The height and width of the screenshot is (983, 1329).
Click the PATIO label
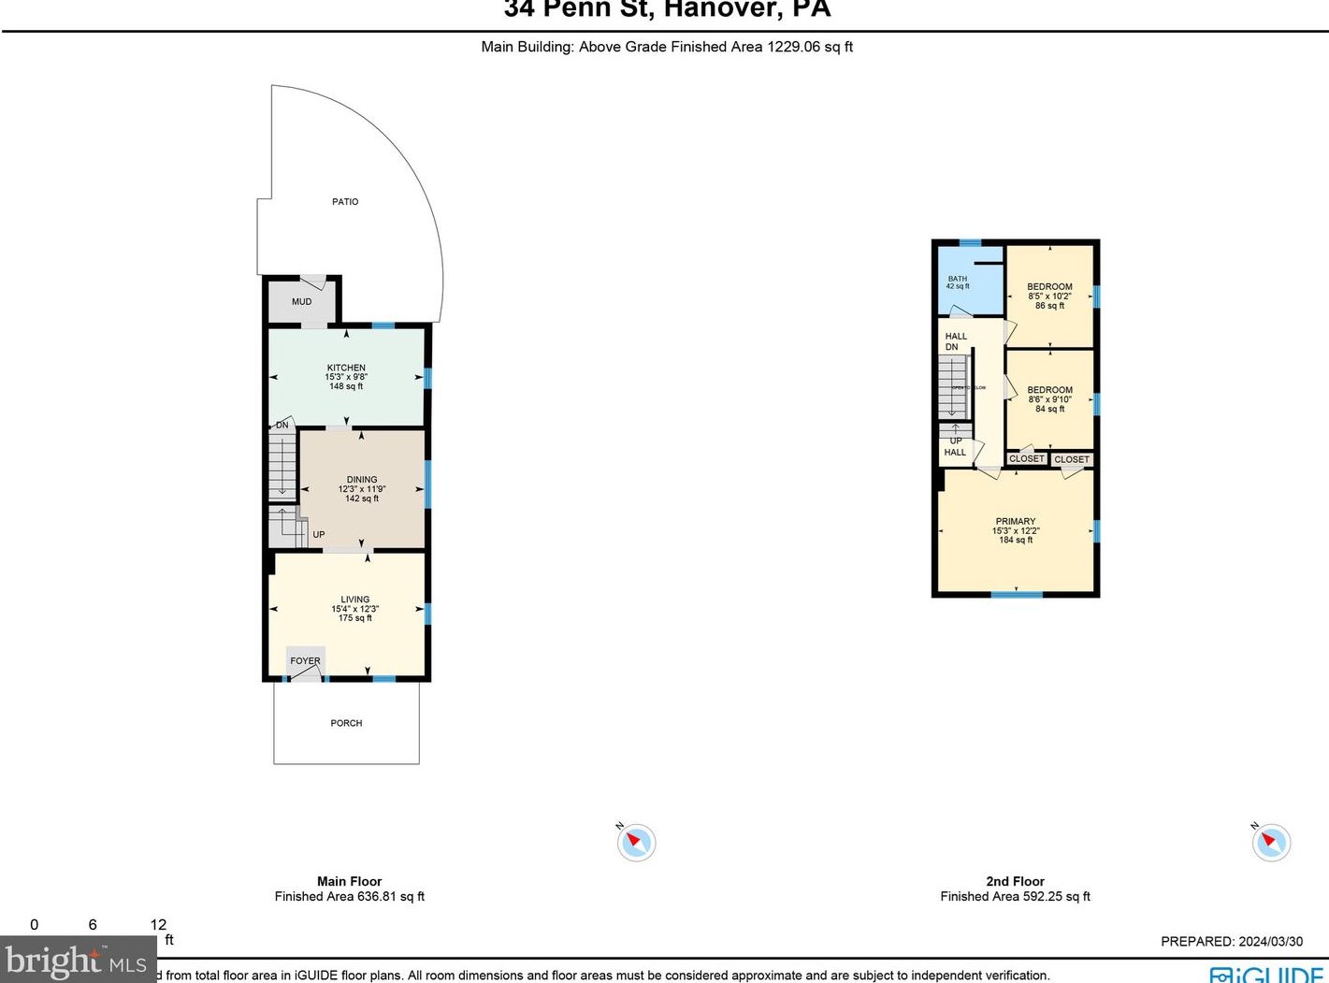tap(345, 202)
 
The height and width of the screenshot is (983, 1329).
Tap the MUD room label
tap(301, 302)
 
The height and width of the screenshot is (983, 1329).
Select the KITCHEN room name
tap(346, 368)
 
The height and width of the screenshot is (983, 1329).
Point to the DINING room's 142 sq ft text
tap(362, 499)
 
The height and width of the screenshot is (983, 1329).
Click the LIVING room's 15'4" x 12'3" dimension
tap(354, 609)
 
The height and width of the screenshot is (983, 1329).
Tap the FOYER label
tap(305, 661)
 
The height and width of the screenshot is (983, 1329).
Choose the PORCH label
tap(346, 723)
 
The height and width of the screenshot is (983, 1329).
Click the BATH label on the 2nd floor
tap(958, 279)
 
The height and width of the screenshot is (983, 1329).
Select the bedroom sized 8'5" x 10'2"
tap(1049, 296)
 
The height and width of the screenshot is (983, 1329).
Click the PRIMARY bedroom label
tap(1016, 522)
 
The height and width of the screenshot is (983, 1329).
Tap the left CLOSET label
tap(1027, 459)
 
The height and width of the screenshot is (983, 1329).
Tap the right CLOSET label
tap(1072, 460)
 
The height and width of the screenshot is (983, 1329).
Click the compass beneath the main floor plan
tap(637, 843)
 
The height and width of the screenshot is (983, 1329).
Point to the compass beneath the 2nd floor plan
tap(1271, 842)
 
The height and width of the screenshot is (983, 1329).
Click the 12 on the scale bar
tap(158, 925)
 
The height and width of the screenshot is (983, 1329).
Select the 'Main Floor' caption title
tap(349, 881)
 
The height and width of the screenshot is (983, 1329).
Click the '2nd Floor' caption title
tap(1015, 881)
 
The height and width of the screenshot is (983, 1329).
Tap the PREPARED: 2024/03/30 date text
tap(1231, 942)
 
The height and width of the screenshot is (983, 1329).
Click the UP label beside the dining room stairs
tap(319, 535)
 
